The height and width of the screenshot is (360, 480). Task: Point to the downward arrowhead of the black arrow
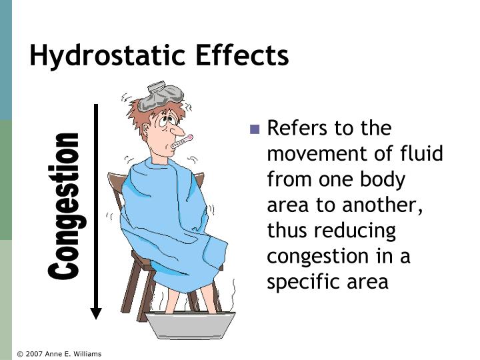(96, 313)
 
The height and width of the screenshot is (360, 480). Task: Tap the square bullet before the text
(254, 129)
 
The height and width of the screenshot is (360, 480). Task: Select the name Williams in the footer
(85, 354)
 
